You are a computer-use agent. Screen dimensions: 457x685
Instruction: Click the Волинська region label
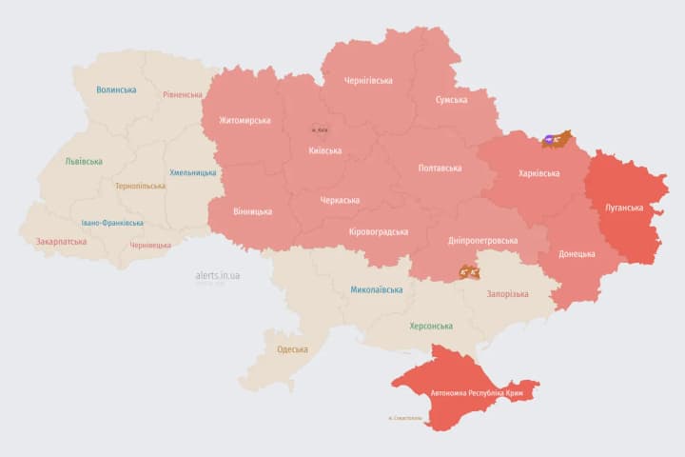[x=116, y=89]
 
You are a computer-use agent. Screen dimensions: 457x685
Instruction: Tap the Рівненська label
[x=183, y=94]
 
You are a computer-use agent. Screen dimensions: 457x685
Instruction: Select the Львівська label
[x=84, y=161]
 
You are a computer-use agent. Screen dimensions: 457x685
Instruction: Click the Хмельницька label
[x=193, y=172]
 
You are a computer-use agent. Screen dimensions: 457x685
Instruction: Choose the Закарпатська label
[x=61, y=241]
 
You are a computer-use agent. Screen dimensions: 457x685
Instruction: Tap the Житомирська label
[x=245, y=120]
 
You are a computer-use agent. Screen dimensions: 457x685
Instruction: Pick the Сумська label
[x=451, y=99]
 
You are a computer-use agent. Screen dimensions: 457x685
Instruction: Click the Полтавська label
[x=440, y=168]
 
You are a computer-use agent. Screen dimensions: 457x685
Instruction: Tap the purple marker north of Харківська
[x=551, y=141]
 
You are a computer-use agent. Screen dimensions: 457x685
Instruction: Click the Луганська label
[x=624, y=207]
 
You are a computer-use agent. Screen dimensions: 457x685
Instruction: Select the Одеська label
[x=292, y=348]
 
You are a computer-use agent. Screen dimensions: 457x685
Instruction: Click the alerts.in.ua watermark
[x=218, y=275]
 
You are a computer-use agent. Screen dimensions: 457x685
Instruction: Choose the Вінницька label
[x=252, y=210]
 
